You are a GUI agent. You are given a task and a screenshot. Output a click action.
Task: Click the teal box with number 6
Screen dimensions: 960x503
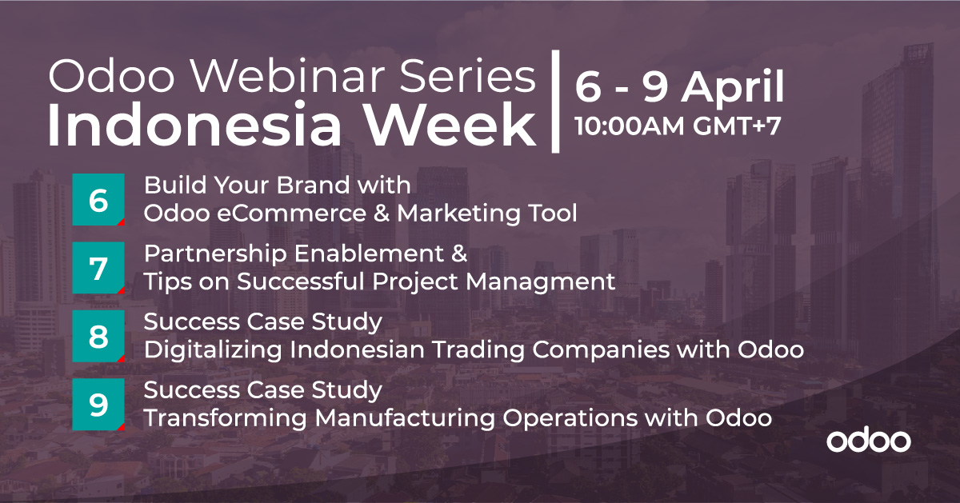(x=98, y=200)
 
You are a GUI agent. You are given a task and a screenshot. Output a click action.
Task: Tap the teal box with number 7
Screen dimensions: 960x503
(x=98, y=268)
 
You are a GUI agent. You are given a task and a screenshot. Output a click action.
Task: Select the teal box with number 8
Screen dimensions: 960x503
(x=98, y=337)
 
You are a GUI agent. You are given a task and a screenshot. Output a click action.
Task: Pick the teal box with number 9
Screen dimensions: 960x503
(x=98, y=405)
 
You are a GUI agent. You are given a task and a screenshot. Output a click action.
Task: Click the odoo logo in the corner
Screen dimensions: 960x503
(x=868, y=439)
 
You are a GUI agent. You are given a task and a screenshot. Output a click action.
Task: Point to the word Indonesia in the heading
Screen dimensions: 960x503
(x=194, y=124)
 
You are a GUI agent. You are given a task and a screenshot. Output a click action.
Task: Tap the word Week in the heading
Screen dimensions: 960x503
(x=450, y=124)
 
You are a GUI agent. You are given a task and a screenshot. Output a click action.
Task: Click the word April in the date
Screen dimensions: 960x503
(x=733, y=88)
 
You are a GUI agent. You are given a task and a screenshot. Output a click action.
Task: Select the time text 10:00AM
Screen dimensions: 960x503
(x=630, y=126)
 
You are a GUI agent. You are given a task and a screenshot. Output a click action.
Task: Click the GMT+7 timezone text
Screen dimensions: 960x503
(x=737, y=126)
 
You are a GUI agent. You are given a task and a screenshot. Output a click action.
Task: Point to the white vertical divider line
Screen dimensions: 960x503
(x=555, y=101)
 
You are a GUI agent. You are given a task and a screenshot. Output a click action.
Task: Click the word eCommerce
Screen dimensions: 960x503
(x=292, y=214)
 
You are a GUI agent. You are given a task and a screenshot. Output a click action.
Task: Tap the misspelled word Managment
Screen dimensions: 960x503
(x=541, y=282)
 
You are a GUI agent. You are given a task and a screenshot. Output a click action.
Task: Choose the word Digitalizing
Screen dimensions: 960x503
(x=213, y=350)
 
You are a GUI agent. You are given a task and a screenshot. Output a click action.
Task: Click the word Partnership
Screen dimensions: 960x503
(x=215, y=254)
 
